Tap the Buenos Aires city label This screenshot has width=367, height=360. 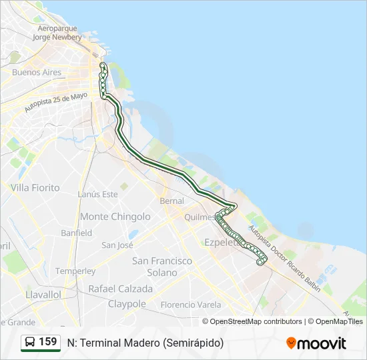tap(37, 73)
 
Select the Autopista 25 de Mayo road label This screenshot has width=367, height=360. tap(56, 101)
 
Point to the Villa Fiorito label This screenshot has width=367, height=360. tap(35, 188)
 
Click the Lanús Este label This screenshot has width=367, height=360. tap(97, 194)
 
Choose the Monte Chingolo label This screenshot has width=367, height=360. tap(115, 217)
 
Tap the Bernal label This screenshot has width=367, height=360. tap(171, 201)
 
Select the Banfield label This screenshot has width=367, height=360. tap(76, 233)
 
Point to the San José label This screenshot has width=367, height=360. tap(117, 245)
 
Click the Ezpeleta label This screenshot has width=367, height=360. tap(222, 243)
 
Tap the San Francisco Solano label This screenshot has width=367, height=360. tap(162, 267)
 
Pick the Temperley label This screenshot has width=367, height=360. tap(75, 271)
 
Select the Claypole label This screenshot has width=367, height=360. tap(127, 304)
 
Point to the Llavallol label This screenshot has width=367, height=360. tap(42, 294)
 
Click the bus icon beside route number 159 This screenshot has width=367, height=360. tap(30, 342)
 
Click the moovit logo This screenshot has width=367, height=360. tap(316, 343)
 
